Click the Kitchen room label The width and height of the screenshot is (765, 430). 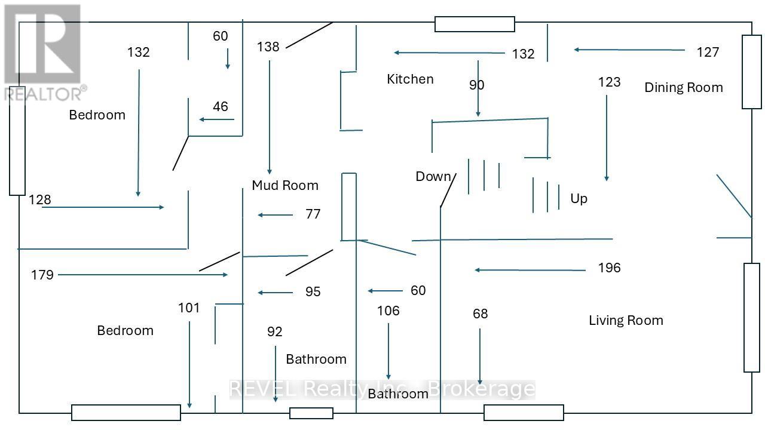click(410, 79)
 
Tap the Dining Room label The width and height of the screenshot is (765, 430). click(683, 87)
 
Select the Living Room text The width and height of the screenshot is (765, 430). click(626, 320)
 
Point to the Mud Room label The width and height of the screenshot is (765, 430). click(284, 185)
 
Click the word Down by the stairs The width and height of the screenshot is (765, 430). click(433, 176)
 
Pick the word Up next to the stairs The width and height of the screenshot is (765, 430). click(579, 198)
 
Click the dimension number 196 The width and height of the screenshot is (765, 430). click(609, 268)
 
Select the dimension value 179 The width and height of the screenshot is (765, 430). click(42, 275)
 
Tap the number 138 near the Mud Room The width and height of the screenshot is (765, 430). click(268, 47)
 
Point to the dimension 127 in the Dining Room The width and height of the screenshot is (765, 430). click(708, 52)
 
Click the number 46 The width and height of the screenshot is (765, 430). click(221, 106)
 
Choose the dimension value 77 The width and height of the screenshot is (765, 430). click(313, 214)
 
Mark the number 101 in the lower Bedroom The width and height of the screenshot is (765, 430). click(189, 308)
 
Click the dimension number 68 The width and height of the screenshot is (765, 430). click(480, 314)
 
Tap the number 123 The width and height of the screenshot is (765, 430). click(609, 82)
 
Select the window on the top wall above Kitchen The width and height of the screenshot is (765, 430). click(475, 24)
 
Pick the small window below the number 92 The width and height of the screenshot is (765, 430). click(311, 413)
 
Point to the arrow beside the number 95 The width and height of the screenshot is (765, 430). click(276, 293)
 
